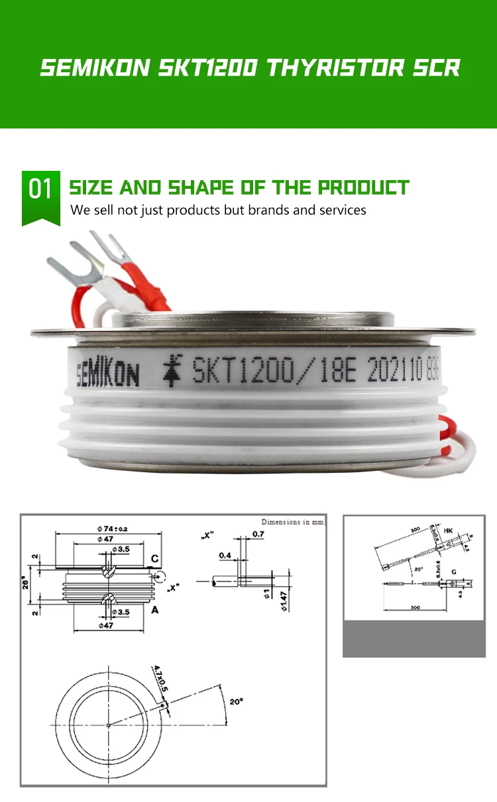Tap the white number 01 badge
tap(40, 189)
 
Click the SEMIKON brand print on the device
tap(107, 375)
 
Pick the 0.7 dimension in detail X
tap(258, 534)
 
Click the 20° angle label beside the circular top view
tap(237, 701)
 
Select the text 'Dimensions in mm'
tap(292, 523)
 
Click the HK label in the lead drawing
tap(448, 531)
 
